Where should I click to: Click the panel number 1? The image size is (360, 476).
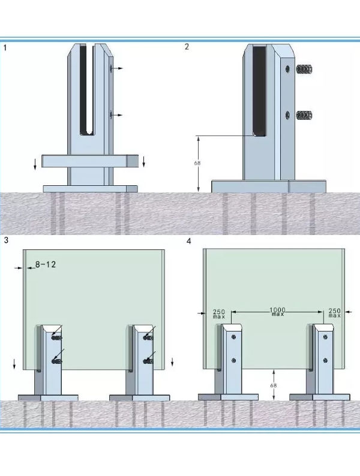pos(5,48)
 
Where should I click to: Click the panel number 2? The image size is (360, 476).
pos(187,47)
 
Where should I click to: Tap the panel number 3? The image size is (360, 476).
pos(6,240)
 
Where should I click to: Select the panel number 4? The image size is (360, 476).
pos(188,242)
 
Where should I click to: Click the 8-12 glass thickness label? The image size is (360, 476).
pos(46,264)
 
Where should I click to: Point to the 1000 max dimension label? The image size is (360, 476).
pos(277,312)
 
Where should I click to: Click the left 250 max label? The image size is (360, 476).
pos(219,314)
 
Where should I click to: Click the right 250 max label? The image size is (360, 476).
pos(334,313)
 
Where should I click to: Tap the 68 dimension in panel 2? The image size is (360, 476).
pos(197,163)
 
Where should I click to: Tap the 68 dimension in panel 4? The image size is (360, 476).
pos(274,385)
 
